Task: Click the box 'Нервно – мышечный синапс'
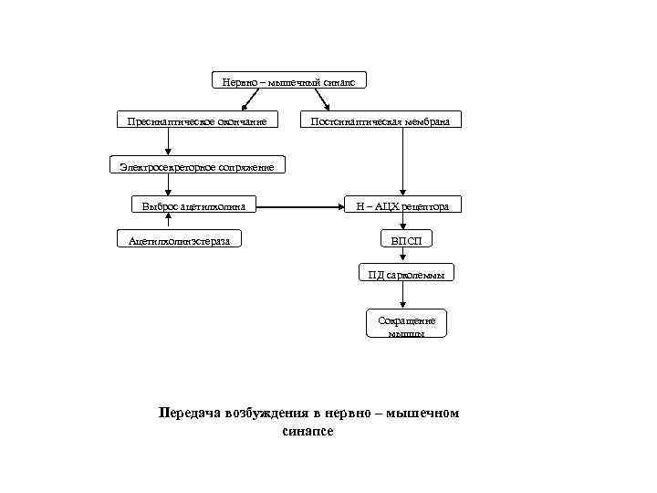(288, 81)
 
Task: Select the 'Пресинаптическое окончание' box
(197, 121)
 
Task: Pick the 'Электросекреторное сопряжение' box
(196, 165)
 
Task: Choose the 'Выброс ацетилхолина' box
(194, 206)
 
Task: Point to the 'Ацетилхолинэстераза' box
(180, 239)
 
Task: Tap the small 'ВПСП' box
(407, 239)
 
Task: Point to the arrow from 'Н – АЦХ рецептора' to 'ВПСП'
(402, 223)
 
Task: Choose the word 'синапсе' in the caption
(308, 431)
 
